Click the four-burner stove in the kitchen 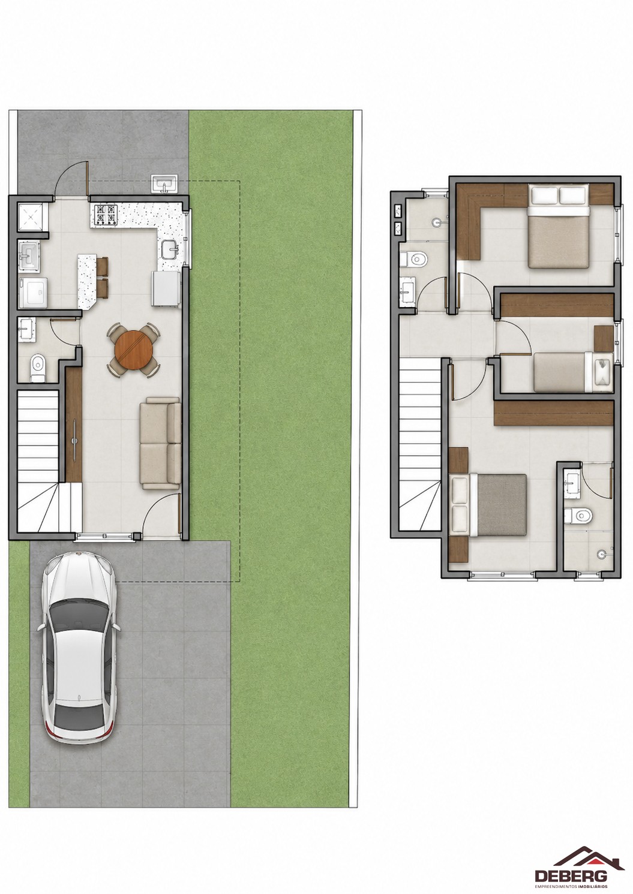pyautogui.click(x=106, y=215)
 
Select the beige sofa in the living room pyautogui.click(x=161, y=443)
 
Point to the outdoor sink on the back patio pyautogui.click(x=164, y=184)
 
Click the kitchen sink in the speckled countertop pyautogui.click(x=172, y=250)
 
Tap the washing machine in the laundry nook pyautogui.click(x=33, y=293)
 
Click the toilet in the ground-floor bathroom pyautogui.click(x=38, y=368)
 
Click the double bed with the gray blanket pyautogui.click(x=488, y=504)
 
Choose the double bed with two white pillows pyautogui.click(x=559, y=225)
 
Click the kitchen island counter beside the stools pyautogui.click(x=87, y=281)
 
